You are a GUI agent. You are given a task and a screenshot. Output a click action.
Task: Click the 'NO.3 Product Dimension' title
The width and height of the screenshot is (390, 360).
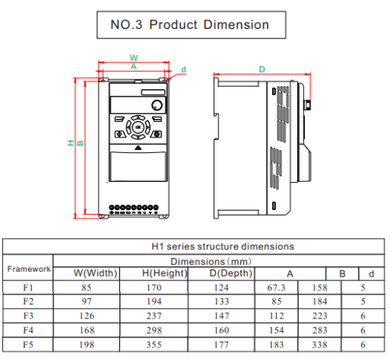coord(190,25)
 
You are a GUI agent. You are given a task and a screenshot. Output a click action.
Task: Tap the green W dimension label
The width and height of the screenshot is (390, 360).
coord(134,58)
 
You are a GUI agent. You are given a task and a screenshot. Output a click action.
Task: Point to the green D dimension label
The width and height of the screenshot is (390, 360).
coord(262,70)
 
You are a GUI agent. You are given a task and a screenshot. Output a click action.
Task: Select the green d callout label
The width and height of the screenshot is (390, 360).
coord(183,70)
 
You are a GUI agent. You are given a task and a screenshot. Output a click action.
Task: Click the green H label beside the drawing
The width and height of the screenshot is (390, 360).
coord(71,143)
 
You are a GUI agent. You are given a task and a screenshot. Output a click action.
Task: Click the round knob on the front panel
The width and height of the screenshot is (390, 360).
coord(157,105)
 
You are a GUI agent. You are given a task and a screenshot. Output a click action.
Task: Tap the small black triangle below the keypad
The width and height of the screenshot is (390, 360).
coord(138,148)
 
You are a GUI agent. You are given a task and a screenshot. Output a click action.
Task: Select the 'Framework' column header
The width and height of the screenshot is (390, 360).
coord(29,269)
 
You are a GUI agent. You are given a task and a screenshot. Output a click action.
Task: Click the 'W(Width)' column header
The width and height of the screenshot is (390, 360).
coord(95,273)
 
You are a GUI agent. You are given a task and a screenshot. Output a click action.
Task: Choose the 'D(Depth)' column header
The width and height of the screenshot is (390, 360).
coord(231,273)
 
